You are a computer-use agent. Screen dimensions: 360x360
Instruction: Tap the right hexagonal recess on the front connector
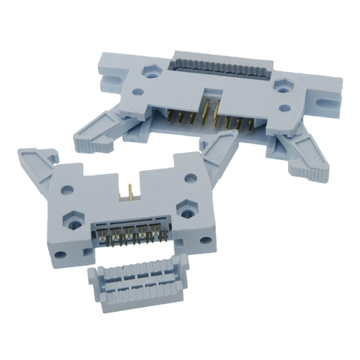[186, 207]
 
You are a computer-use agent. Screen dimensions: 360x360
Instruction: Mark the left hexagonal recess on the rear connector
[151, 70]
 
